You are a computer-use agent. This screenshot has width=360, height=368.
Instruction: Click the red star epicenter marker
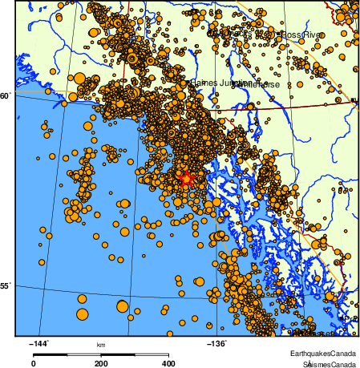[186, 179]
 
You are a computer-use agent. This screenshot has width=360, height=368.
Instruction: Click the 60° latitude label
[5, 95]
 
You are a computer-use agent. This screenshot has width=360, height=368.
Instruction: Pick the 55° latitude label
[5, 285]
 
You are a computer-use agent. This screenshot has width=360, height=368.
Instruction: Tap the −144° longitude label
[39, 344]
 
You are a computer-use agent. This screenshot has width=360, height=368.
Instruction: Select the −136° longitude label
[217, 344]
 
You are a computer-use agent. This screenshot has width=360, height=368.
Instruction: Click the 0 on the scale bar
[33, 363]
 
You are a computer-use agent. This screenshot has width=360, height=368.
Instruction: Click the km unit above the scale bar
[101, 345]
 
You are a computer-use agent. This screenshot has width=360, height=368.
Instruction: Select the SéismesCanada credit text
[325, 363]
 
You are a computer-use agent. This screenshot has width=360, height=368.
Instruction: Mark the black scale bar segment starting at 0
[50, 354]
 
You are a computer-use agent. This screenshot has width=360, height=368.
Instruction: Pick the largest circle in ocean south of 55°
[123, 305]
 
